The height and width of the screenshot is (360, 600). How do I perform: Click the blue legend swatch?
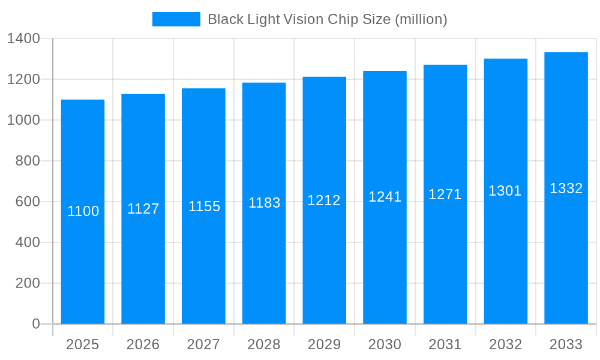tap(176, 19)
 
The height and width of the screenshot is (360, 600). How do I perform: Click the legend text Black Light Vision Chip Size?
tap(327, 19)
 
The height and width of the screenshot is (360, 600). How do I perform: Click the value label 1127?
tap(143, 209)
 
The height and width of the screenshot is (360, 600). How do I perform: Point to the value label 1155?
tap(204, 206)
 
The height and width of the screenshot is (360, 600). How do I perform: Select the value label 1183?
tap(264, 203)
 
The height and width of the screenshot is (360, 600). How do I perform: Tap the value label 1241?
tap(385, 197)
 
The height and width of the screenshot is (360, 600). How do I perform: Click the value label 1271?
tap(445, 194)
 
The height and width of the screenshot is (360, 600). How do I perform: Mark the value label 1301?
tap(505, 191)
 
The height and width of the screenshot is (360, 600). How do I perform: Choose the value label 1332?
tap(566, 188)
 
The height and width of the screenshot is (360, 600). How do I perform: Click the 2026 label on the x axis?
tap(143, 344)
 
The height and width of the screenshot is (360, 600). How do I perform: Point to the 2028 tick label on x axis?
tap(264, 344)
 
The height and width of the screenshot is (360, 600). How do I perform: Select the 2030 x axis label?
tap(385, 344)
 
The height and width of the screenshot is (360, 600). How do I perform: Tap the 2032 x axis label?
tap(505, 344)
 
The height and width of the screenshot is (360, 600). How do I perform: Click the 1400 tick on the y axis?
tap(23, 39)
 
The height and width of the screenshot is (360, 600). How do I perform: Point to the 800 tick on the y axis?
tap(28, 161)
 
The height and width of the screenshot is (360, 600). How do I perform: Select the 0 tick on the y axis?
tap(35, 324)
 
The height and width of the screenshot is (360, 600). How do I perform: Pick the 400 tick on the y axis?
tap(28, 242)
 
